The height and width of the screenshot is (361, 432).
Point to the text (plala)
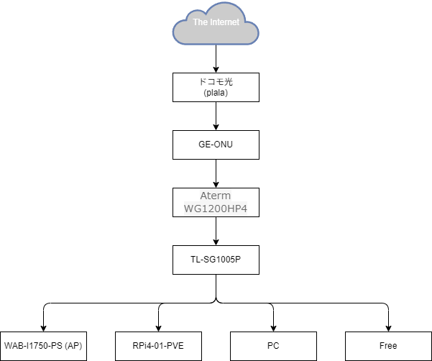[216, 92]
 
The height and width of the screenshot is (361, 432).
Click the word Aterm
[216, 196]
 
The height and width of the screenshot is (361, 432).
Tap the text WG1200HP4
[216, 209]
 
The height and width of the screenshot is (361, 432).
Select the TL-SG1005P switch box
[216, 259]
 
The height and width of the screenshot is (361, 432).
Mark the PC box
[273, 346]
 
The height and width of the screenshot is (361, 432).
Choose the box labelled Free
[388, 346]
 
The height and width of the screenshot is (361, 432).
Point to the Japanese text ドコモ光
[216, 82]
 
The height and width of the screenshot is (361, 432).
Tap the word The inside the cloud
[199, 22]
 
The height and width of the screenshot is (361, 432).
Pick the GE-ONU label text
[216, 144]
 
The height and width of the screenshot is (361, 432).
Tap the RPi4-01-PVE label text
[158, 346]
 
